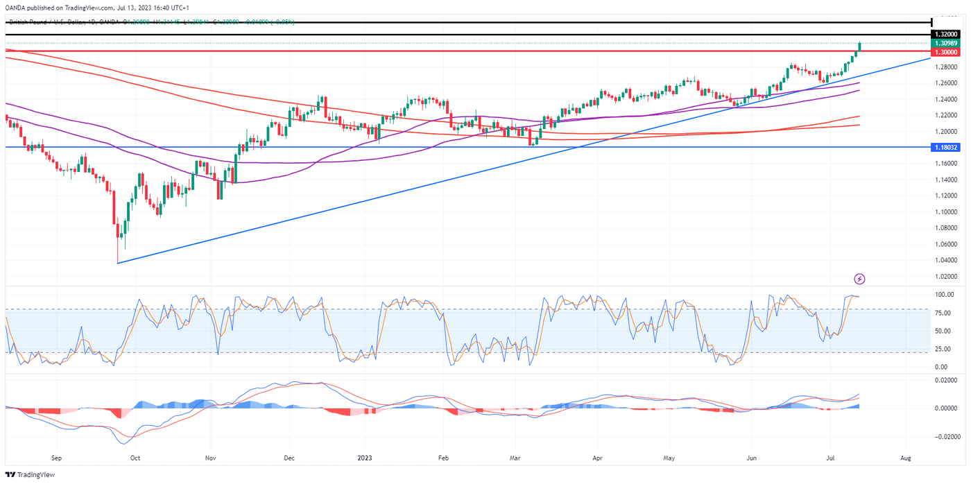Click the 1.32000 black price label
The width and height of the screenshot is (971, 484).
tap(946, 34)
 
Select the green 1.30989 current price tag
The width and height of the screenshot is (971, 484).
tap(946, 43)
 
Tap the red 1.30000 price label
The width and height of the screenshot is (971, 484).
tap(946, 52)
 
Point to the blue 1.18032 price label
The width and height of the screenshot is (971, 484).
tap(946, 148)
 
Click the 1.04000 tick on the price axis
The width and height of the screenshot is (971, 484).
tap(946, 260)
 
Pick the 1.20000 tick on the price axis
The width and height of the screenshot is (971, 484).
tap(946, 132)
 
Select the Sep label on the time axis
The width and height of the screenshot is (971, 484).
tap(57, 458)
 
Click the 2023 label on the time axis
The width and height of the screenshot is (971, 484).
tap(366, 458)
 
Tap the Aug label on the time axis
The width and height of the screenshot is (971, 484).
tap(905, 458)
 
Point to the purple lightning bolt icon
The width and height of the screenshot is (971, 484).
tap(860, 279)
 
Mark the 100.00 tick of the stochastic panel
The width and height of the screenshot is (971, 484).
tap(944, 295)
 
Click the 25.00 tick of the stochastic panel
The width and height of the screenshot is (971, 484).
tap(944, 349)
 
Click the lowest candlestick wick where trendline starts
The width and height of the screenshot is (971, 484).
tap(118, 261)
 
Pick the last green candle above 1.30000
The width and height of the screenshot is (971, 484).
tap(859, 46)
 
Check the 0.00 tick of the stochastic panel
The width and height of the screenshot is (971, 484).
tap(944, 367)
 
